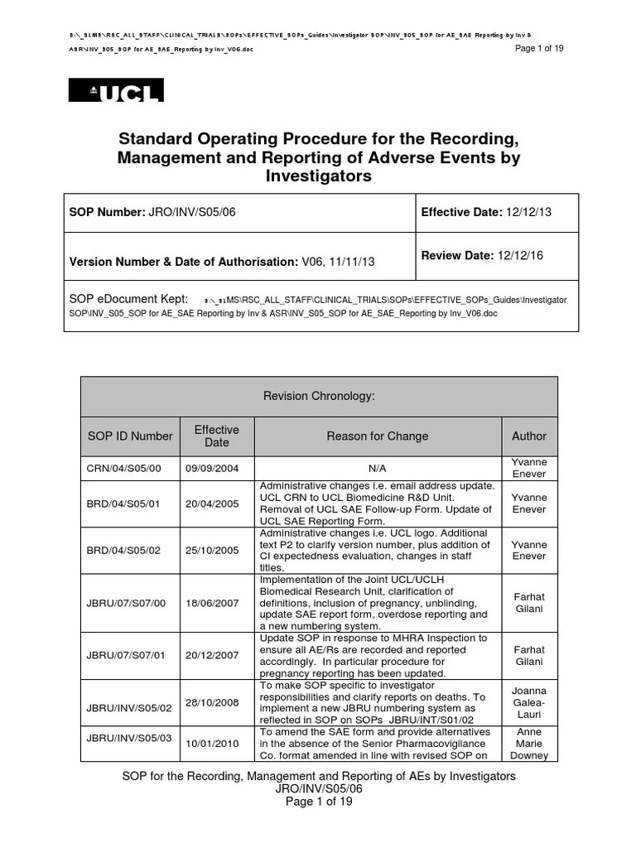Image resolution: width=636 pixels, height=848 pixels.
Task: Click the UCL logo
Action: (x=115, y=90)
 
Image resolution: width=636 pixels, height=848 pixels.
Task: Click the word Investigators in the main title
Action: (x=318, y=176)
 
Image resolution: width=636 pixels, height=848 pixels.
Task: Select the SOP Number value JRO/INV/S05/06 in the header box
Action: (x=191, y=212)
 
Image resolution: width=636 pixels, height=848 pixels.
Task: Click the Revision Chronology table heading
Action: (x=319, y=397)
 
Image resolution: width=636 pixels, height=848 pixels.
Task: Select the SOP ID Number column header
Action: (x=130, y=436)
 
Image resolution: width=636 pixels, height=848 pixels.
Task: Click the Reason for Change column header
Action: (x=377, y=436)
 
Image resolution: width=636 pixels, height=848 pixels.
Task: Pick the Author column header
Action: (x=529, y=436)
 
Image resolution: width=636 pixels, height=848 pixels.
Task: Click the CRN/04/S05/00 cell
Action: (x=123, y=468)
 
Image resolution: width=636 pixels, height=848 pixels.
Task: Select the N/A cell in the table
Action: (x=377, y=468)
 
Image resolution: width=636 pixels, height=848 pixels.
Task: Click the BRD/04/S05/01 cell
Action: (x=123, y=503)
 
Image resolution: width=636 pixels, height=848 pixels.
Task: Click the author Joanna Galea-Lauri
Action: (x=529, y=702)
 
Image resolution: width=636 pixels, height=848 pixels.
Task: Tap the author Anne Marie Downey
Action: (x=529, y=743)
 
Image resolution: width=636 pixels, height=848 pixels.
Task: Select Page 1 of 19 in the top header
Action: (x=539, y=49)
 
